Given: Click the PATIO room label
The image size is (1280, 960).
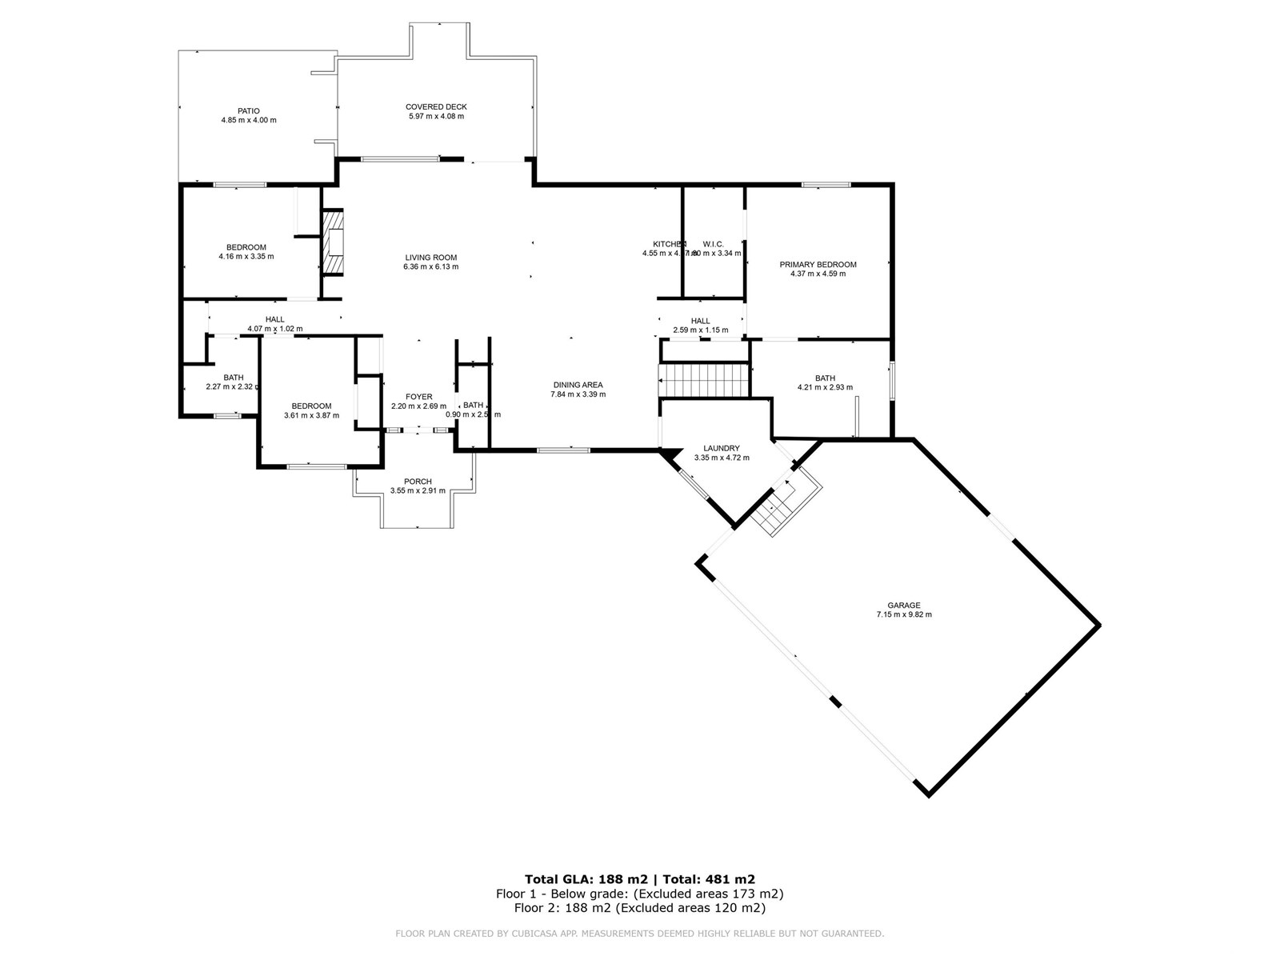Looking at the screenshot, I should [x=248, y=111].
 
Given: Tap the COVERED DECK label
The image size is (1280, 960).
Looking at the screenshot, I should [x=436, y=106].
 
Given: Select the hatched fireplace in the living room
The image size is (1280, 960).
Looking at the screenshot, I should [x=333, y=242].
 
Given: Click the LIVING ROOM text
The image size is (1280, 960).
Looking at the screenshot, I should [x=430, y=258].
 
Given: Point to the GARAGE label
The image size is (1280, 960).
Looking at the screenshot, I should [x=903, y=606].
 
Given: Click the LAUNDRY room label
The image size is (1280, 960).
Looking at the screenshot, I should [x=721, y=448].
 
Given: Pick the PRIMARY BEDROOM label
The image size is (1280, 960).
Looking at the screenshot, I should [x=818, y=264].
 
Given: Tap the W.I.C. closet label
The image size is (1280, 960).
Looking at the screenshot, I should [x=713, y=244].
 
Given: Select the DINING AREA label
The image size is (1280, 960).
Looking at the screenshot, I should [x=577, y=385].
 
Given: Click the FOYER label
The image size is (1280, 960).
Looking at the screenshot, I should [x=418, y=397].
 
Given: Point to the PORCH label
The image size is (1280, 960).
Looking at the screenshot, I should [x=418, y=482].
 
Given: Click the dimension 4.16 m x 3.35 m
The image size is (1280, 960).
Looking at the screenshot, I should [x=246, y=257].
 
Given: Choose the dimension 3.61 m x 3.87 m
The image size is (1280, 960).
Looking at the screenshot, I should [x=311, y=415].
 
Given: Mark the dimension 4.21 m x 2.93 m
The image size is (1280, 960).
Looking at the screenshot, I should [x=824, y=387].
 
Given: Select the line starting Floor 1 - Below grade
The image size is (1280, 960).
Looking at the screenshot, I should [x=639, y=894].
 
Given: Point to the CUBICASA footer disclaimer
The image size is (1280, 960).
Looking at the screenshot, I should [x=639, y=933].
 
